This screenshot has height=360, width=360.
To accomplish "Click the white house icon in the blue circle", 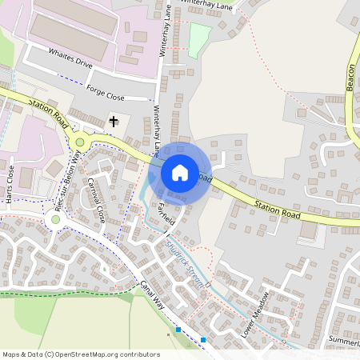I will click(x=180, y=173).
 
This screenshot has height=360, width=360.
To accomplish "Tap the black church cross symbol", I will click(x=114, y=122).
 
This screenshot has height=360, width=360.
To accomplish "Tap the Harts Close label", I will click(x=10, y=183).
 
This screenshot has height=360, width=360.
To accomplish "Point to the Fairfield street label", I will click(x=166, y=214).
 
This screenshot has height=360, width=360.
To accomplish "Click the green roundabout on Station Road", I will click(x=80, y=142).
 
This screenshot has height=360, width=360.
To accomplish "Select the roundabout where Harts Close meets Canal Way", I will click(x=54, y=217).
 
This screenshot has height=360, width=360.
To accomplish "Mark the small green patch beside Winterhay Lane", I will click(x=199, y=36).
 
